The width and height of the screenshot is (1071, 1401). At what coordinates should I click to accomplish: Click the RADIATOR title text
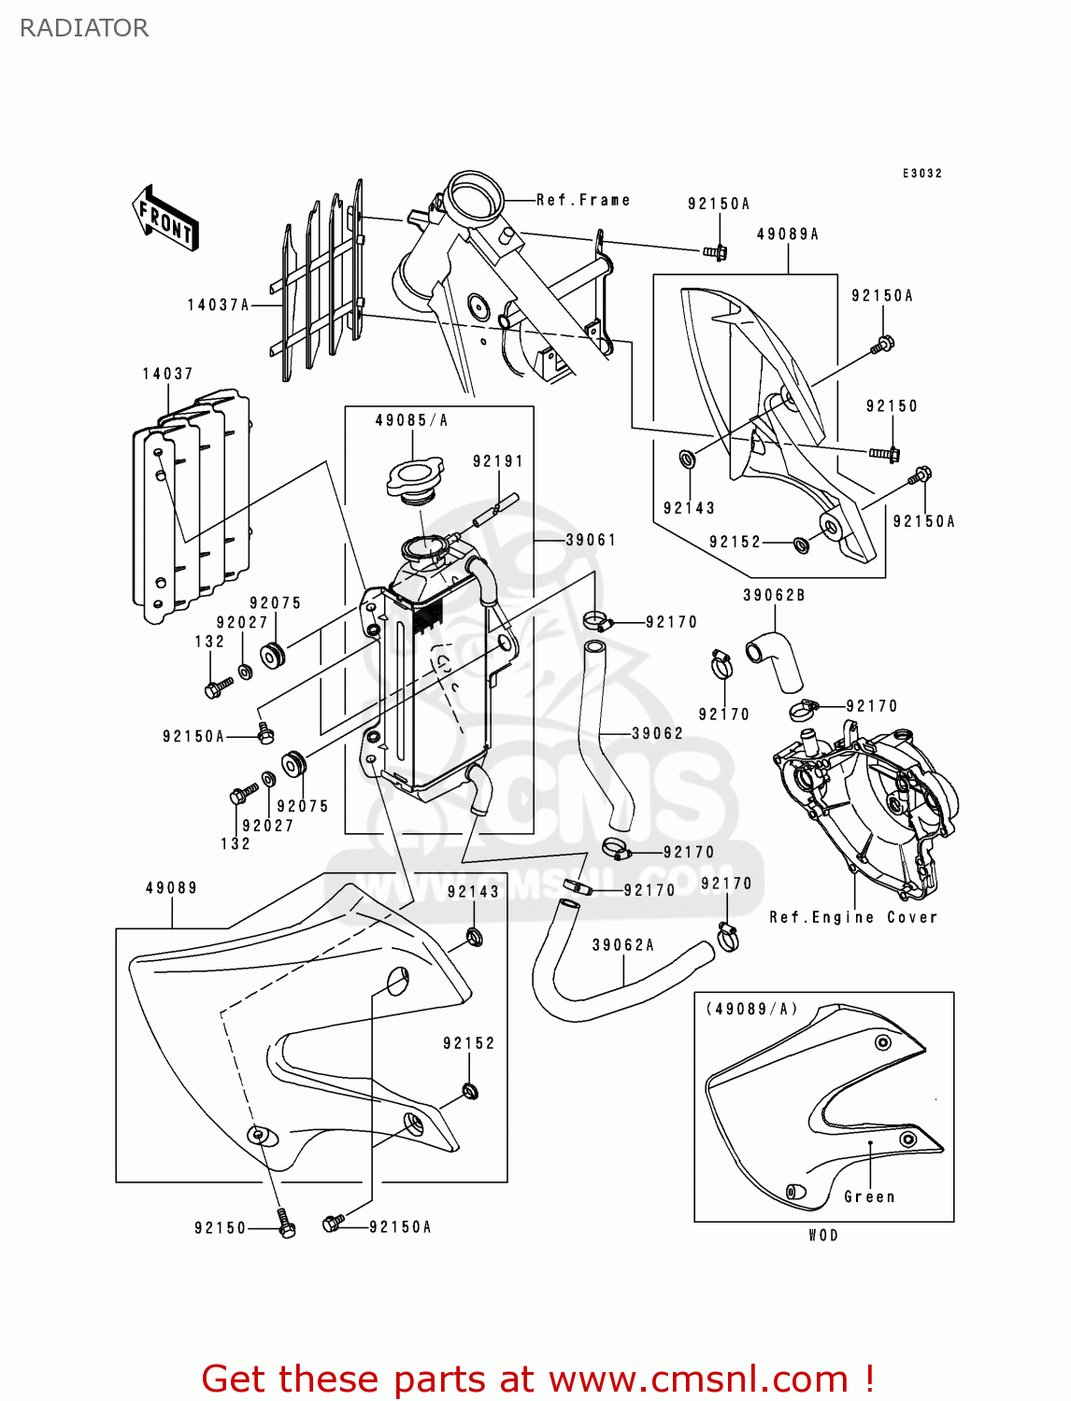click(x=83, y=28)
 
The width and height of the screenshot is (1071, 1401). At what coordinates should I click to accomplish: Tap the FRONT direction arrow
click(x=165, y=219)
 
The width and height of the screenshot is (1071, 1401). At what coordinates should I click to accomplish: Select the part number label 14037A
click(x=218, y=304)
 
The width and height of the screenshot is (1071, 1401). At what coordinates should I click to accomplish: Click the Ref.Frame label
click(x=583, y=200)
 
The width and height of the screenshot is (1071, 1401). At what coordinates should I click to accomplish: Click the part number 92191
click(x=497, y=461)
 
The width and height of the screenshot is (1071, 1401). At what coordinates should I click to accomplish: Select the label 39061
click(x=591, y=540)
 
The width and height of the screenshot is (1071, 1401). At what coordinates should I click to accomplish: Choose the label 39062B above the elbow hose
click(x=774, y=595)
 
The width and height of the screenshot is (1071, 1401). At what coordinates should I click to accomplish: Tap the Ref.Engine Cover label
click(x=852, y=917)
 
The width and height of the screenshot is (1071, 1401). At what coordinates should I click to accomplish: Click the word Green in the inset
click(x=869, y=1196)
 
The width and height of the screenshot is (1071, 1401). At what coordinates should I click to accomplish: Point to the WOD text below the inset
click(x=823, y=1235)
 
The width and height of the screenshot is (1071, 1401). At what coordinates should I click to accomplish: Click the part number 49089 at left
click(x=171, y=887)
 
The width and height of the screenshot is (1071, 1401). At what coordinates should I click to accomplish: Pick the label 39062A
click(x=623, y=945)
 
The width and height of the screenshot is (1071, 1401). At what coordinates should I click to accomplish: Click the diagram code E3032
click(x=922, y=173)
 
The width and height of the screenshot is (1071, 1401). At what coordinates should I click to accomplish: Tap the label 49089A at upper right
click(x=787, y=234)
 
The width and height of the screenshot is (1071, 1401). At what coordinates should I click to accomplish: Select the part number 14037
click(x=167, y=374)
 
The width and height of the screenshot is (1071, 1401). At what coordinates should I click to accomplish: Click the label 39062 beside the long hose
click(x=657, y=733)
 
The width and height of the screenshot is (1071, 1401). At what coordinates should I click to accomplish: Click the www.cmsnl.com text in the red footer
click(x=697, y=1379)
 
